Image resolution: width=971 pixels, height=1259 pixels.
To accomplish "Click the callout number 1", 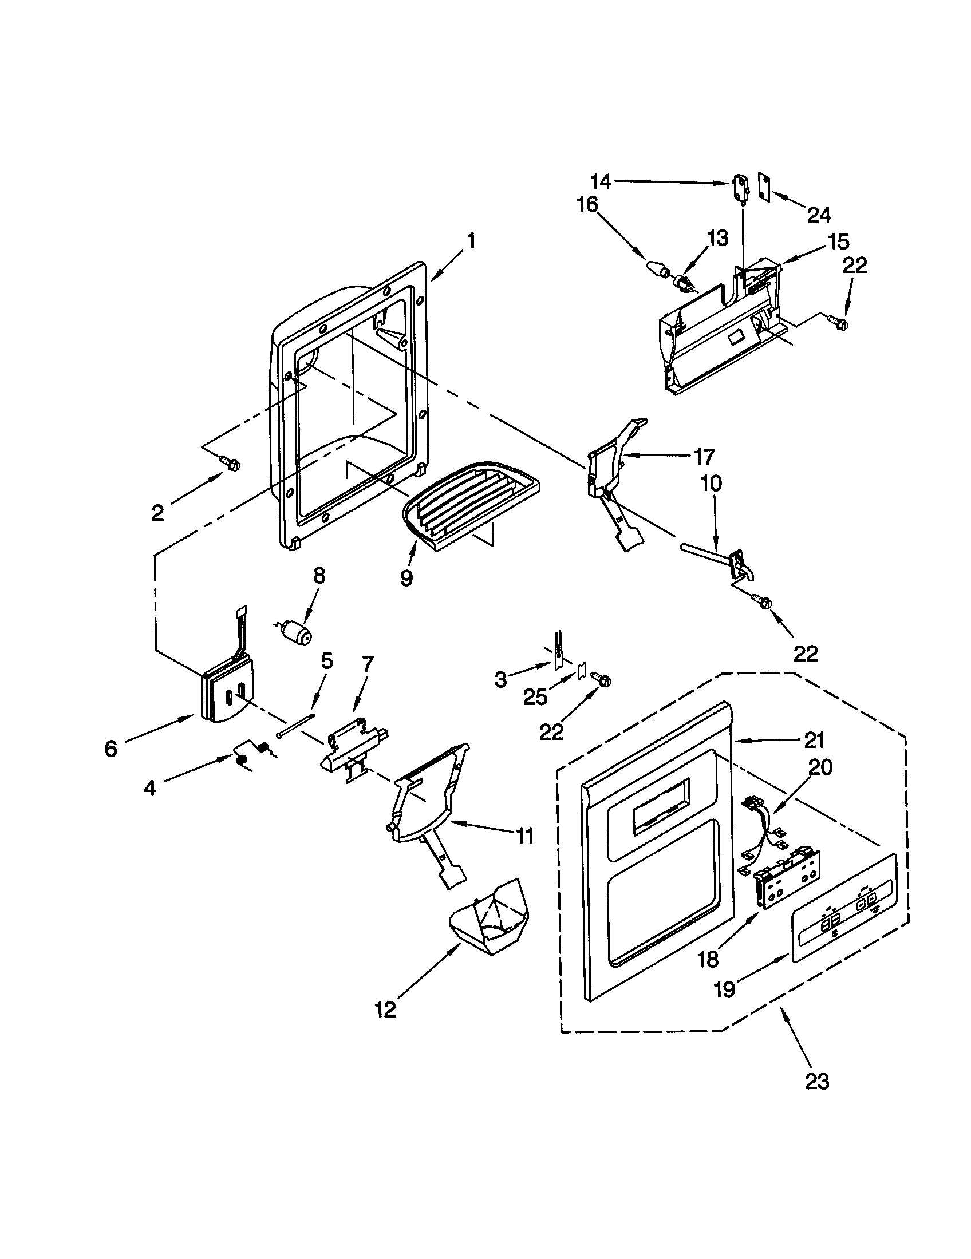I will (x=471, y=240).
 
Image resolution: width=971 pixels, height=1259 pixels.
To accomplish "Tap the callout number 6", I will (x=110, y=749).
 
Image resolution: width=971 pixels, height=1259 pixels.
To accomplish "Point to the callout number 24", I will (x=819, y=215).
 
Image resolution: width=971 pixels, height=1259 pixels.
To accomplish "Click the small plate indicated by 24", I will (x=764, y=187).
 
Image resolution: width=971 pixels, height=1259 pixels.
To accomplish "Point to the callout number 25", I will (x=535, y=698).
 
